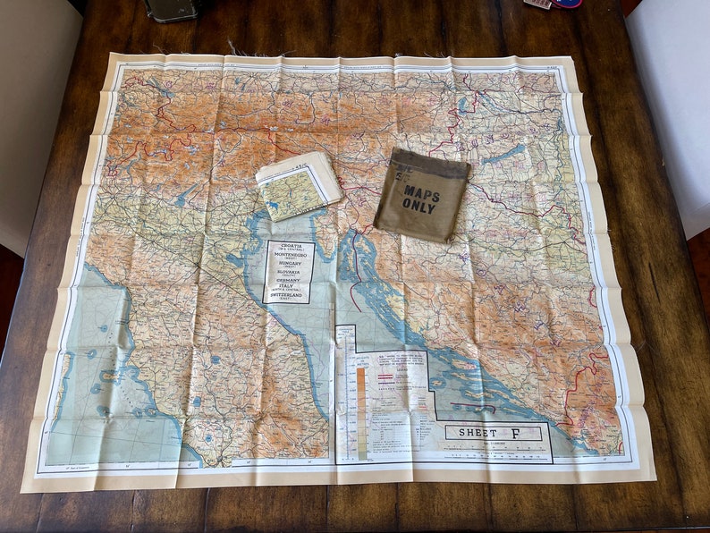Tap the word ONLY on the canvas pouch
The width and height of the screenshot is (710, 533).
(420, 206)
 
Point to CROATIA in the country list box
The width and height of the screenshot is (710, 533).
(289, 246)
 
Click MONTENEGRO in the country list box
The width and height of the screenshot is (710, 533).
(289, 256)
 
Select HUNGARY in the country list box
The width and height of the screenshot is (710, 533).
(289, 266)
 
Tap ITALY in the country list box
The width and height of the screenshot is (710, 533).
(289, 285)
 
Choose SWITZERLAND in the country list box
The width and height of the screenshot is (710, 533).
(289, 295)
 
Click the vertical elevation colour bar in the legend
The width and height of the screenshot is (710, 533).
(361, 412)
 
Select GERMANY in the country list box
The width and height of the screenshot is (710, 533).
(289, 280)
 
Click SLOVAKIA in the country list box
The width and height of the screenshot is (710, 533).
(289, 273)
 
